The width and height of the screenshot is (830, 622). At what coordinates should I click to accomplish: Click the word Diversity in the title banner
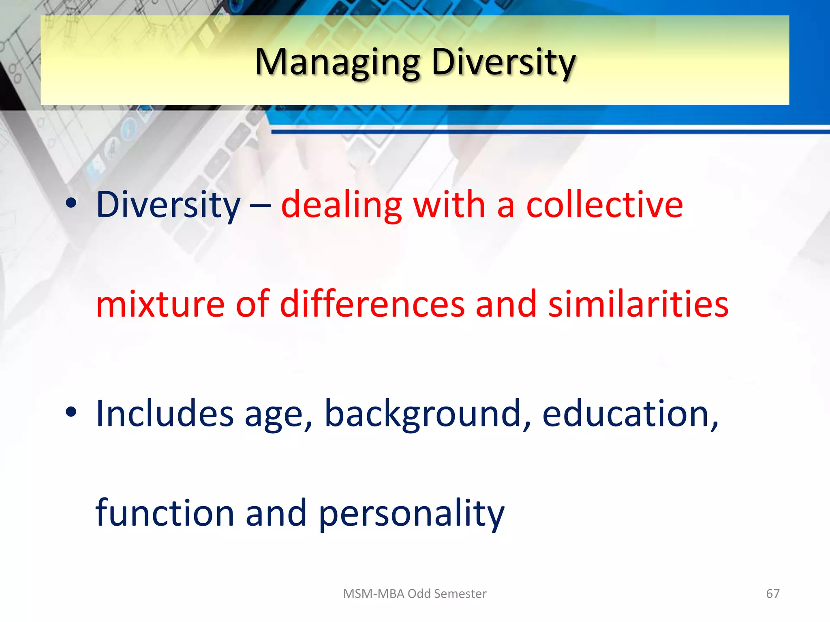[503, 63]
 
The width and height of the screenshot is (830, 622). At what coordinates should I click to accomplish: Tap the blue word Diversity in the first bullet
[168, 205]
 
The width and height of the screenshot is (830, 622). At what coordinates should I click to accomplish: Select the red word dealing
[341, 205]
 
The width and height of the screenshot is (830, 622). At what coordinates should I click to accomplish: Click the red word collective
[604, 205]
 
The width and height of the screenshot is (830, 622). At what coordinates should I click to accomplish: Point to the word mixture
[160, 304]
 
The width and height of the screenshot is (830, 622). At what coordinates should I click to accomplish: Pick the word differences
[372, 304]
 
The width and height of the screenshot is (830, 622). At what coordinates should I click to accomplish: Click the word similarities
[638, 304]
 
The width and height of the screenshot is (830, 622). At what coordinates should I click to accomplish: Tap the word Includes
[165, 413]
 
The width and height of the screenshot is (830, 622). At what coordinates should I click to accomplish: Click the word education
[629, 413]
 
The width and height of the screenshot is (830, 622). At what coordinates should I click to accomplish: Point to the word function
[165, 513]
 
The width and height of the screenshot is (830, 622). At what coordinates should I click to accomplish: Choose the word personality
[411, 513]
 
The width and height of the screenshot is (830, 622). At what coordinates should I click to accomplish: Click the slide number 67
[772, 594]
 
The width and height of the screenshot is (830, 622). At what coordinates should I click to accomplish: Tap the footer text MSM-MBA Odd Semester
[415, 594]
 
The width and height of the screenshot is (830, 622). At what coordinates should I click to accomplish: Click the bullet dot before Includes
[71, 413]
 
